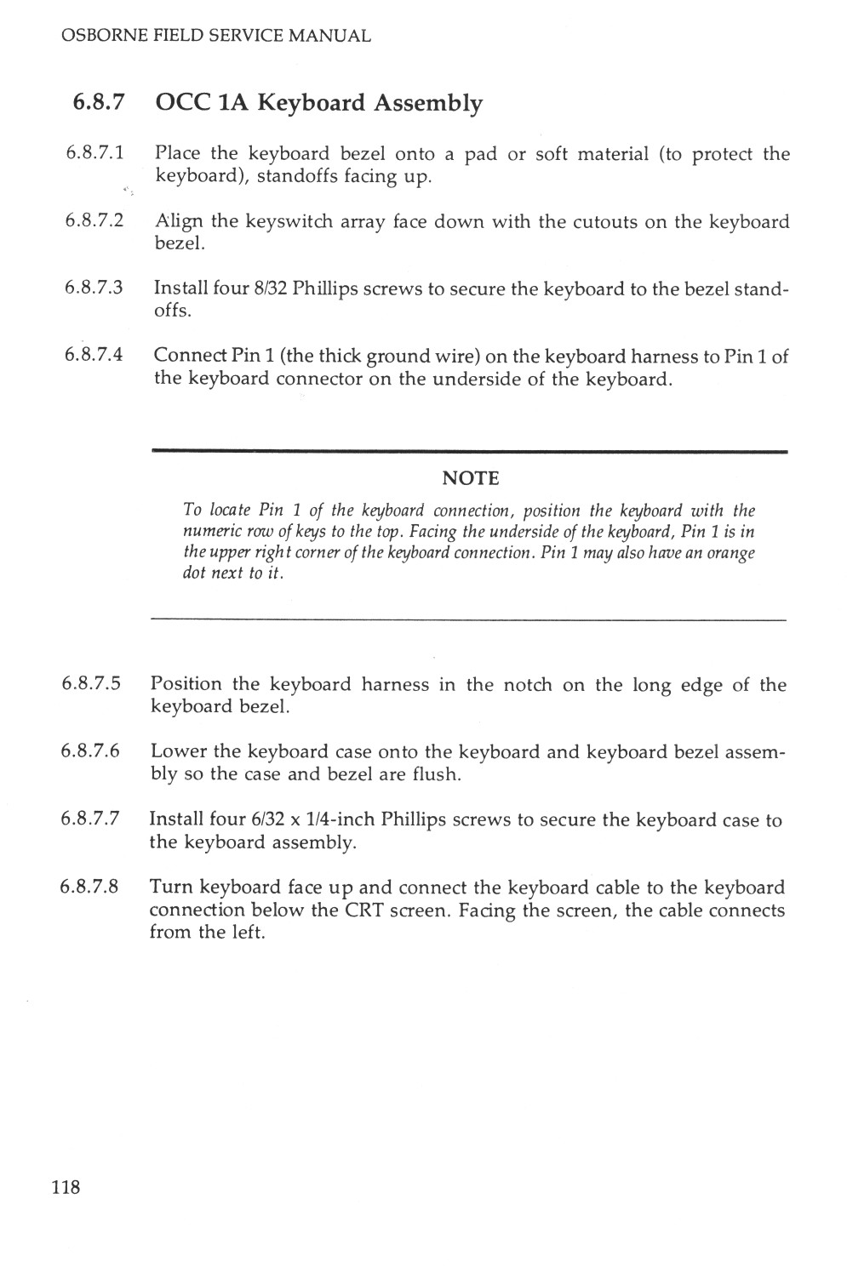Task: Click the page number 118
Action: click(66, 1187)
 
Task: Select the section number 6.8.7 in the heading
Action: click(100, 103)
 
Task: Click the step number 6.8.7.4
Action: click(94, 356)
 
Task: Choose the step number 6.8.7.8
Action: click(90, 887)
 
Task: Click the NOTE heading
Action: click(470, 477)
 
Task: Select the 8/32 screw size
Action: click(270, 288)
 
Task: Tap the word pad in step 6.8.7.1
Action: click(481, 155)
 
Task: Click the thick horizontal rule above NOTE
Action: click(468, 451)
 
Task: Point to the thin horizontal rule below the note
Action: click(468, 619)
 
